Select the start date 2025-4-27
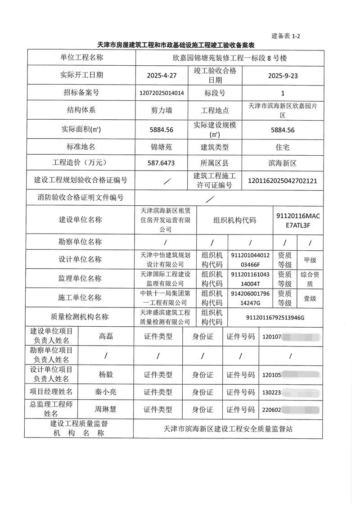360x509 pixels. pos(161,76)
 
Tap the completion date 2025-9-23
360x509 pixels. pos(283,76)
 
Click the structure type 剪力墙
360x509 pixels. pos(161,110)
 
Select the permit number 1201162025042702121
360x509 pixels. pos(283,180)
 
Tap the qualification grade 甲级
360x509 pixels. pos(310,260)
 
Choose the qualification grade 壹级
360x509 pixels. pos(310,298)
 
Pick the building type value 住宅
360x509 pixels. pos(283,147)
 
